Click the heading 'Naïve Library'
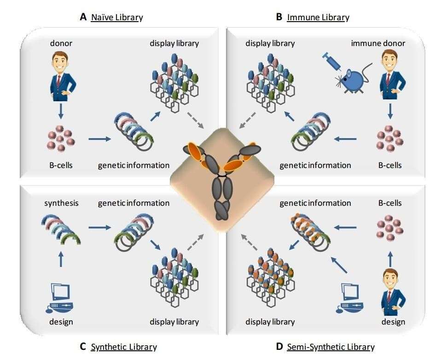tap(116, 17)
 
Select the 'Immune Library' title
tap(318, 17)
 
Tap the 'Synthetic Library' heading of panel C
tap(124, 347)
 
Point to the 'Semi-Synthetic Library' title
tap(331, 347)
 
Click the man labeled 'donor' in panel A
tap(61, 76)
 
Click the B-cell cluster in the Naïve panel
tap(61, 139)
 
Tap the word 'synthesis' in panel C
tap(61, 203)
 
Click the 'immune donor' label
tap(378, 43)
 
